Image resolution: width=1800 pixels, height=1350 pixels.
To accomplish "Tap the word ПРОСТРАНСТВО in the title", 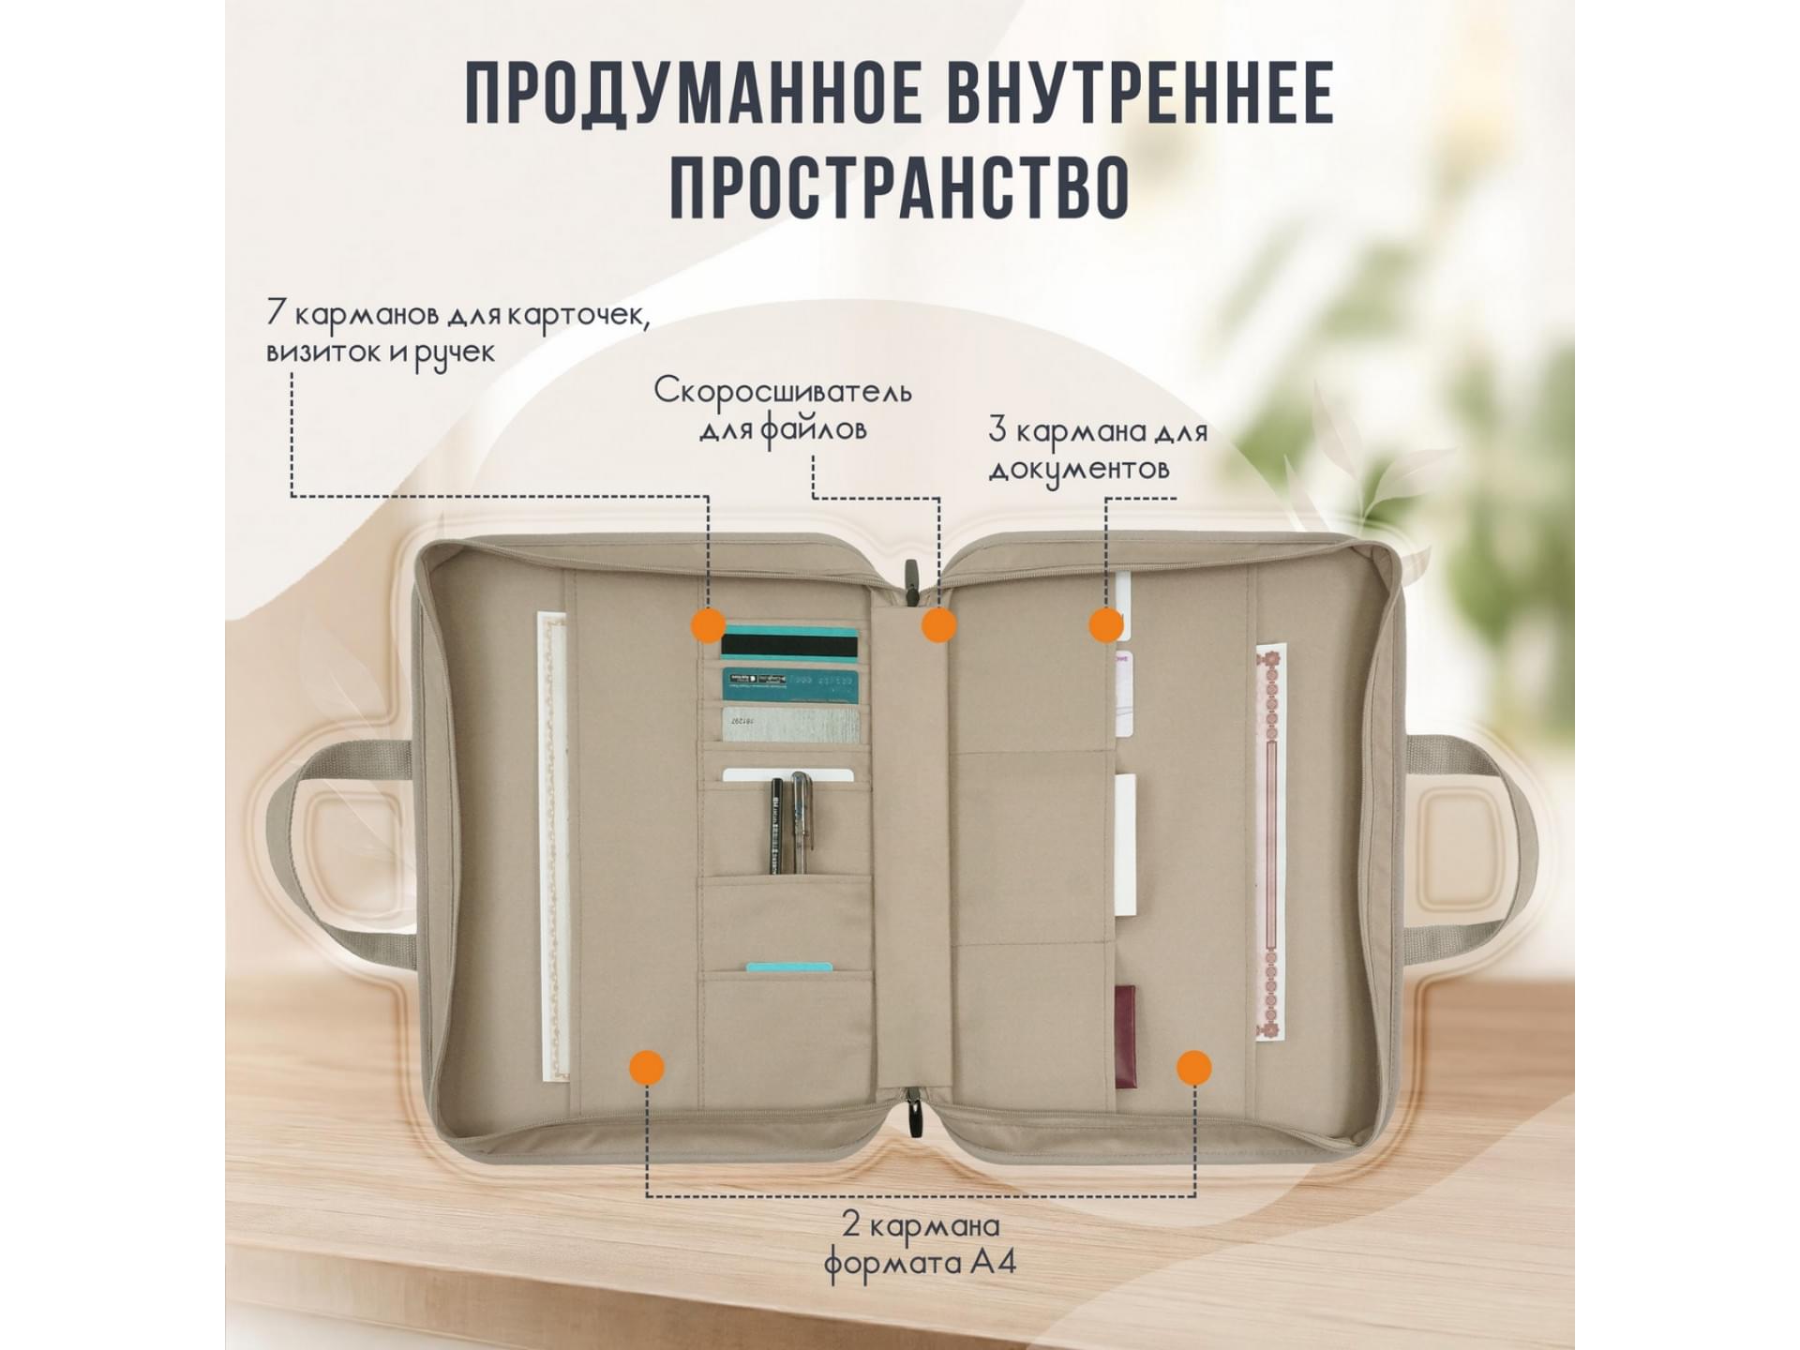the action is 900,187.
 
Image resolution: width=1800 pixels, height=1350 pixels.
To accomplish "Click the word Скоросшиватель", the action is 783,390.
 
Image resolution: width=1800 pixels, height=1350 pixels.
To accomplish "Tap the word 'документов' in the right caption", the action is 1079,469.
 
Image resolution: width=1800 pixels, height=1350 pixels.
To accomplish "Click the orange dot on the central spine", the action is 938,624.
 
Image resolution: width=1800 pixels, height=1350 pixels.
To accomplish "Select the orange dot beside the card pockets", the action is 708,624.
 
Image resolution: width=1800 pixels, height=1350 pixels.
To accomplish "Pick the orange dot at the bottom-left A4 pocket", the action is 647,1067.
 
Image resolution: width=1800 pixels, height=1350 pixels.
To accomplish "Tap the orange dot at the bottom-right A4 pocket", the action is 1194,1067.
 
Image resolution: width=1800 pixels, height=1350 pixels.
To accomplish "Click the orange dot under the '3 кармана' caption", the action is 1106,624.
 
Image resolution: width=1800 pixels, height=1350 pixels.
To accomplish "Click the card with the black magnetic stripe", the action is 789,643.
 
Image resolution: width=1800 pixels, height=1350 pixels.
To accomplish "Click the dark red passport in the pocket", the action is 1125,1037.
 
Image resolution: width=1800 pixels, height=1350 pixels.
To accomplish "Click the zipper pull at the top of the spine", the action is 908,580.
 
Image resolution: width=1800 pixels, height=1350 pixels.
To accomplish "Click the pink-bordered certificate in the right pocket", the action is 1271,842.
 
